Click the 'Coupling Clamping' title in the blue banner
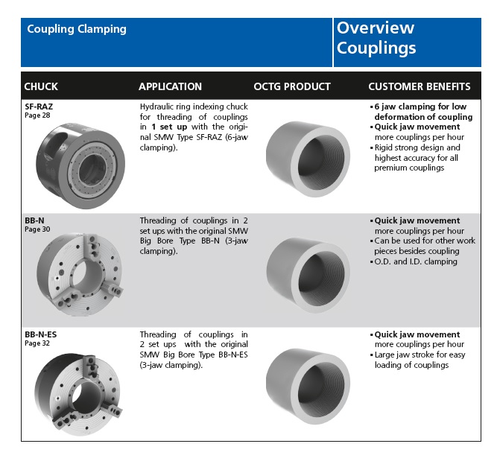[x=77, y=29]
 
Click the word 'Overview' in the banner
[x=376, y=28]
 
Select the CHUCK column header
[x=41, y=86]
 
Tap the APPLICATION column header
[x=170, y=86]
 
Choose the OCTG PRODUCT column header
[x=292, y=86]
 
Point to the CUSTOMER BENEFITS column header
[x=420, y=86]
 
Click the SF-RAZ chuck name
[x=39, y=107]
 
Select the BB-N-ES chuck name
[x=40, y=334]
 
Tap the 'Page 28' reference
[x=37, y=115]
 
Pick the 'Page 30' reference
[x=37, y=229]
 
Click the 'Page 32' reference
[x=37, y=343]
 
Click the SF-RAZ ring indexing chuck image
[x=80, y=166]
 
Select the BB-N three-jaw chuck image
[x=80, y=274]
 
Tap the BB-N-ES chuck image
[x=78, y=395]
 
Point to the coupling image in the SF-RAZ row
[x=308, y=159]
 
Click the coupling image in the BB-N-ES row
[x=308, y=387]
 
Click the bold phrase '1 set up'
[x=169, y=127]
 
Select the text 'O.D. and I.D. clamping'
[x=416, y=261]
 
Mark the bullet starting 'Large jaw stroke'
[x=418, y=360]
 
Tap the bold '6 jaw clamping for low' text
[x=420, y=107]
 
